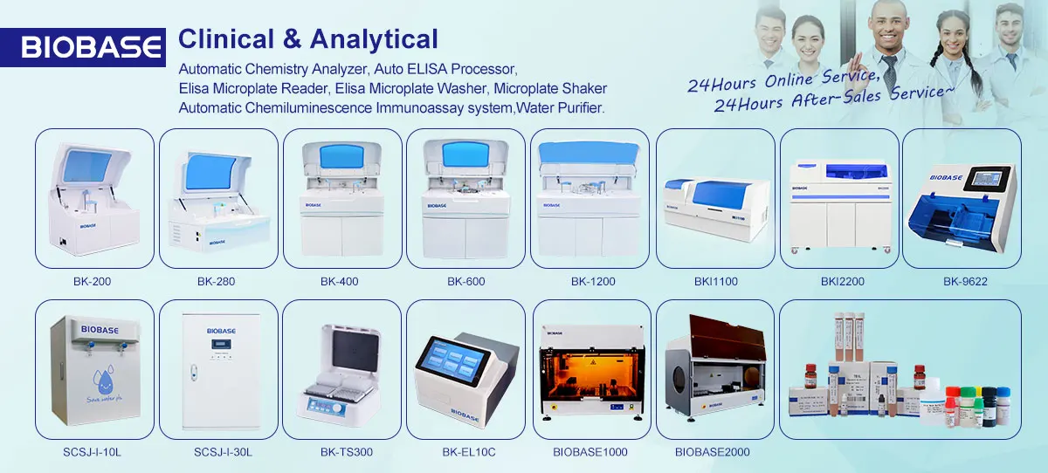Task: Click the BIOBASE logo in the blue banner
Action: point(92,46)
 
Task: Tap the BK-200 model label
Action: point(93,281)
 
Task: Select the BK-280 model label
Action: point(216,281)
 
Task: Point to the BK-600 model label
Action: point(465,281)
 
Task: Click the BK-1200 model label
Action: point(593,281)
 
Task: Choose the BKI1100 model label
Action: point(715,281)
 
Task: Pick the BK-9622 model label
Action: point(964,281)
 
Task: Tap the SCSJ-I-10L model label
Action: point(93,452)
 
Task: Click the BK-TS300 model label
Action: point(341,452)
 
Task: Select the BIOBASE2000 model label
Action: point(712,452)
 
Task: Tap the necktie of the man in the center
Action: point(888,69)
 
